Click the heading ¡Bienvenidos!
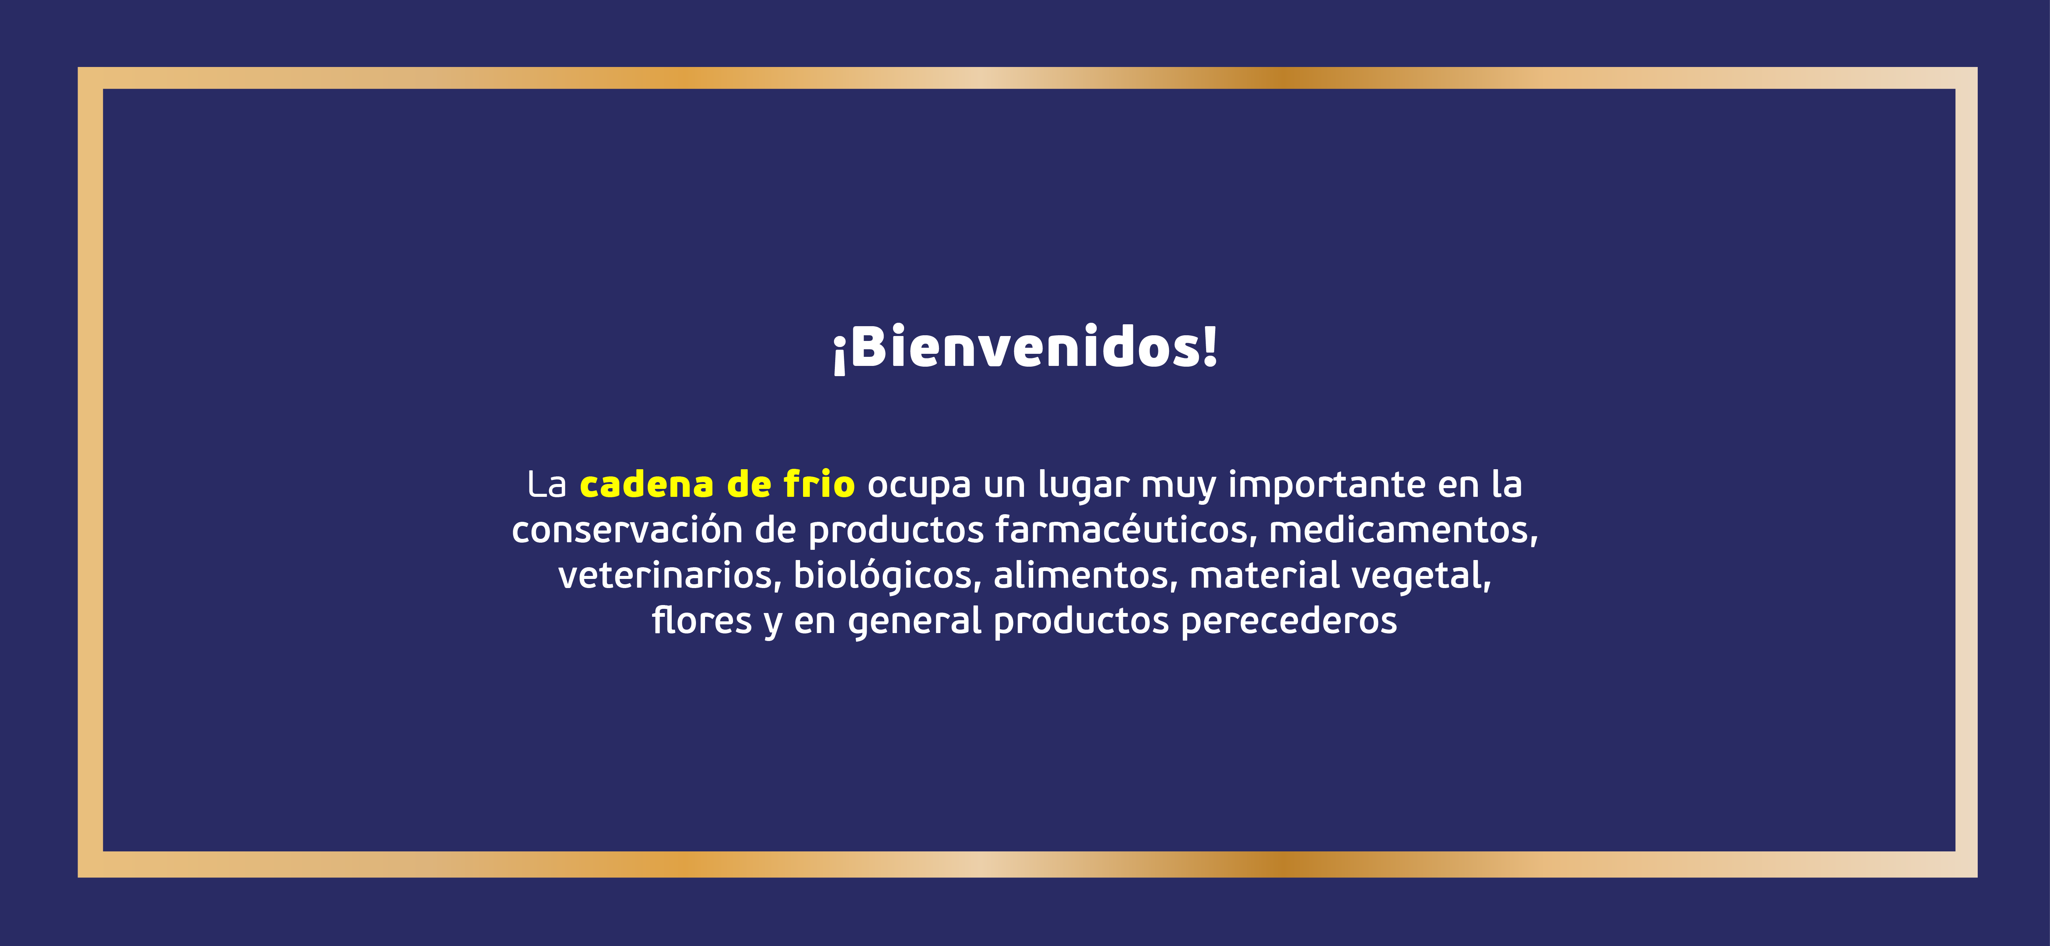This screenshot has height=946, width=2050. click(1025, 348)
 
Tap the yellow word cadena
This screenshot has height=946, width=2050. click(646, 484)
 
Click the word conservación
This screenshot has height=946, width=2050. click(627, 530)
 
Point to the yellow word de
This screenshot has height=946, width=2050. click(749, 484)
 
